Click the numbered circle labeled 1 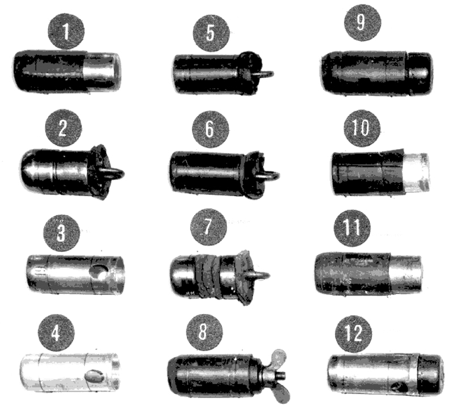[x=66, y=31]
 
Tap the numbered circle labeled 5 [x=211, y=33]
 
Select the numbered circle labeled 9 [x=362, y=23]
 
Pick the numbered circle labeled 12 [x=353, y=334]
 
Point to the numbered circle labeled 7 [x=208, y=227]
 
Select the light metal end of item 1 [x=102, y=71]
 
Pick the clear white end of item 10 [x=416, y=172]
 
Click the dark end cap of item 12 [x=431, y=374]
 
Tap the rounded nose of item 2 [x=31, y=172]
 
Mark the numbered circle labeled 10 [x=362, y=128]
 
